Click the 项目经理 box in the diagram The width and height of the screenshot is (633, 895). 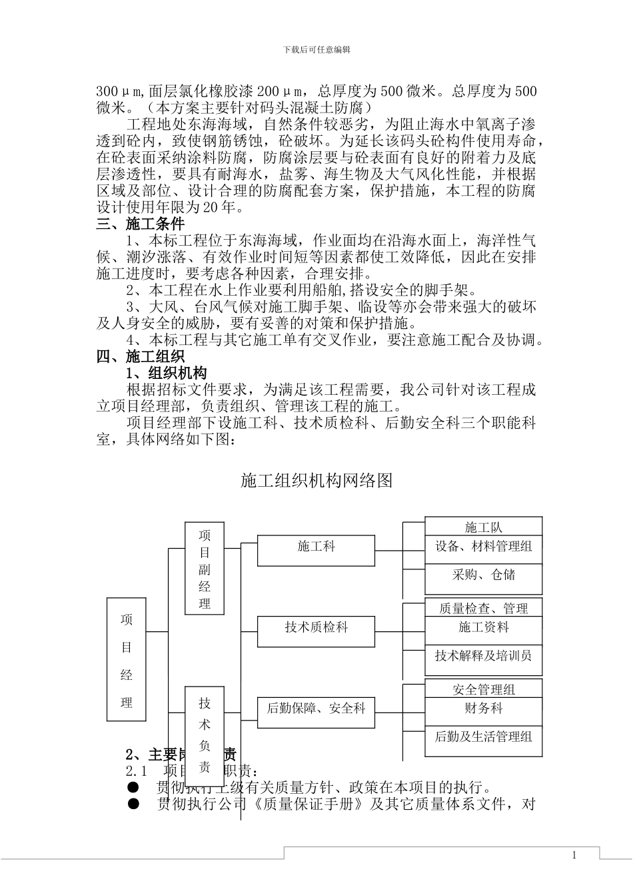coord(127,659)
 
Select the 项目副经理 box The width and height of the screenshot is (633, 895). coord(205,569)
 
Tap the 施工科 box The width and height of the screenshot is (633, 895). coord(316,550)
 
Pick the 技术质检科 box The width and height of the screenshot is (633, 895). coord(316,631)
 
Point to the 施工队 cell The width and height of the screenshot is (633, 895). coord(484,527)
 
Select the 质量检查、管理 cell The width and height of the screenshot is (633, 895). coord(484,608)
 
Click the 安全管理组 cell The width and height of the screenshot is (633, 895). coord(484,689)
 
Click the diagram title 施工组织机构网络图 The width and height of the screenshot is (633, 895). coord(316,481)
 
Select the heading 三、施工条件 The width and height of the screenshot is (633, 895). coord(140,224)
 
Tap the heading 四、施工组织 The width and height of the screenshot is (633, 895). coord(140,356)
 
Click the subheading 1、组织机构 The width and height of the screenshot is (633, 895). coord(167,373)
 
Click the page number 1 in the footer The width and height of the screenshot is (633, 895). coord(574,856)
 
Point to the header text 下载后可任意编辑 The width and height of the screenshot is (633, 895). coord(316,49)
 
